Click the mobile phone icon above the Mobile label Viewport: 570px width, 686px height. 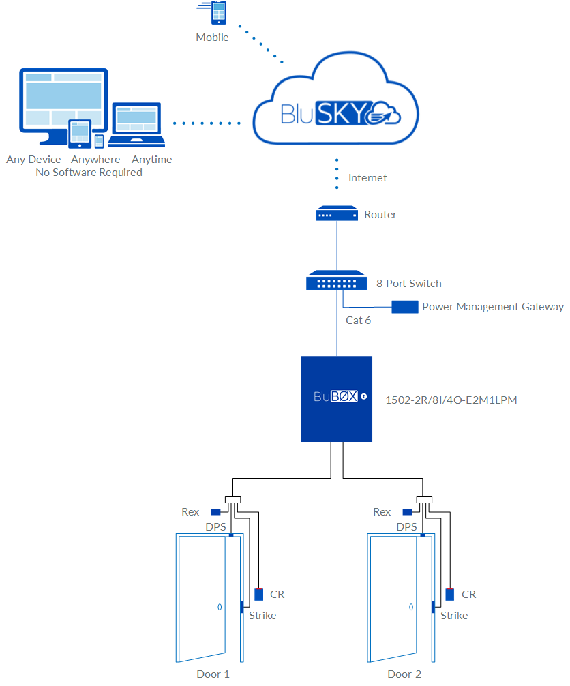click(x=218, y=14)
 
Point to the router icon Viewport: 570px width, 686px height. click(x=337, y=214)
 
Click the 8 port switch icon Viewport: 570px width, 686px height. click(x=337, y=282)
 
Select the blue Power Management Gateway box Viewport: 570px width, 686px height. click(x=404, y=307)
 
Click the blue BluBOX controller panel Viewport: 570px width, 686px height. click(x=337, y=398)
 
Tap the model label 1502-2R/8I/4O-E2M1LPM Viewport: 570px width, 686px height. click(x=451, y=400)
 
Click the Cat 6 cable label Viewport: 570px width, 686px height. click(x=358, y=320)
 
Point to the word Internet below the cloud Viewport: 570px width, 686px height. click(x=367, y=178)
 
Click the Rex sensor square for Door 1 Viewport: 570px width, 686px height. click(x=215, y=512)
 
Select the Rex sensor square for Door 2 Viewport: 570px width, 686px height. click(x=407, y=512)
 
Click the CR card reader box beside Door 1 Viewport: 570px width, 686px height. click(x=259, y=594)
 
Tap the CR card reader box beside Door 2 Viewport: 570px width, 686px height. click(x=450, y=594)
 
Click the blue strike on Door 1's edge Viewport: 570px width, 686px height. click(x=241, y=608)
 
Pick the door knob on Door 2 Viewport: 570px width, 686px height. click(x=411, y=606)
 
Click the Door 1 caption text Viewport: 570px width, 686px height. click(x=213, y=674)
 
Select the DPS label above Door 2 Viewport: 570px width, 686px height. click(x=406, y=527)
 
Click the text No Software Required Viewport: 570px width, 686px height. click(x=89, y=173)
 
